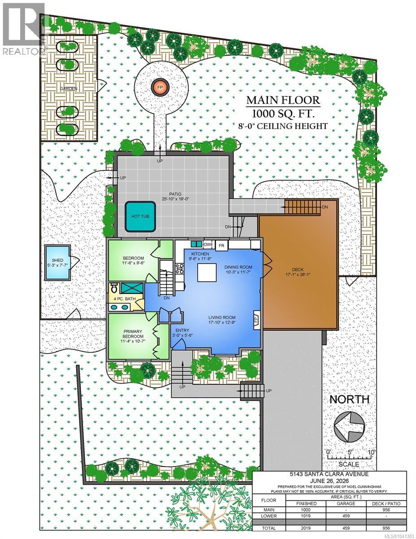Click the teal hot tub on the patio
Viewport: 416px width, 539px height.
click(x=140, y=216)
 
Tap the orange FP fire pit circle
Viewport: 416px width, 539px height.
click(x=160, y=87)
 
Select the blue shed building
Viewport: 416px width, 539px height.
click(x=57, y=262)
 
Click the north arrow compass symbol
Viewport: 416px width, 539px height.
click(x=349, y=427)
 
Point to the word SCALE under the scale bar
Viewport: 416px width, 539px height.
click(x=349, y=464)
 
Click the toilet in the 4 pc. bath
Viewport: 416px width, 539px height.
click(x=114, y=288)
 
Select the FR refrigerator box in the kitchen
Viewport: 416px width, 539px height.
click(x=221, y=246)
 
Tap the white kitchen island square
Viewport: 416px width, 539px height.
click(x=207, y=272)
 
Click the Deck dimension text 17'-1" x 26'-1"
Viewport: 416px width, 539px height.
click(x=298, y=274)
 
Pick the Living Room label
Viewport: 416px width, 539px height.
click(x=222, y=317)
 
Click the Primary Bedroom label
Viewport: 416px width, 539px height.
click(x=133, y=334)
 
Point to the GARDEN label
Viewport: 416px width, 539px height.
click(x=69, y=88)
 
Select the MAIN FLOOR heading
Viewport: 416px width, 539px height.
click(x=283, y=100)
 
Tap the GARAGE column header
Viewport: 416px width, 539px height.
click(x=346, y=503)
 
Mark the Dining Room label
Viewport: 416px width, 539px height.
click(x=238, y=267)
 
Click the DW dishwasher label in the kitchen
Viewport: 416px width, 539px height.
click(x=208, y=245)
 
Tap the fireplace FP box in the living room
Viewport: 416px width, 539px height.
click(x=257, y=320)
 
